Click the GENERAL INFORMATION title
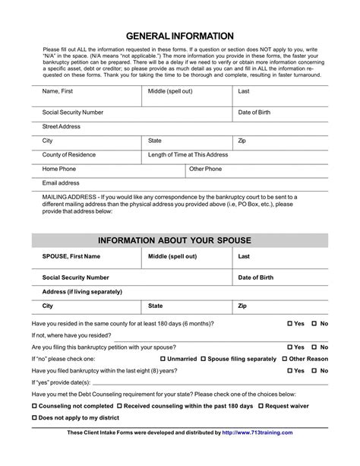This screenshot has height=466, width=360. click(180, 36)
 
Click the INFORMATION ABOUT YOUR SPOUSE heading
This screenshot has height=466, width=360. click(180, 241)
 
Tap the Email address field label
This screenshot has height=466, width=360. click(61, 183)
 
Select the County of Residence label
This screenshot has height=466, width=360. click(69, 154)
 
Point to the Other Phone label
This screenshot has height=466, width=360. click(206, 169)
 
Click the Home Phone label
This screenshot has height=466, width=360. click(59, 169)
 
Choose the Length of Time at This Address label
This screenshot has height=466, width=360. click(188, 154)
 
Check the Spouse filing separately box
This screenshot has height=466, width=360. click(203, 358)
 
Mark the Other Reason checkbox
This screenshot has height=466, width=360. click(285, 358)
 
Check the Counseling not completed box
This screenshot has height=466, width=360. click(35, 407)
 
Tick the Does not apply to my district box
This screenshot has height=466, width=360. click(35, 419)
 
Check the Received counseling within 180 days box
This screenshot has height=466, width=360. click(119, 407)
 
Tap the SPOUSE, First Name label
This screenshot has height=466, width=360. click(71, 257)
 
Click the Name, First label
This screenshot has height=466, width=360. click(58, 91)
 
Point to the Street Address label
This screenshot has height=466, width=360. click(62, 126)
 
